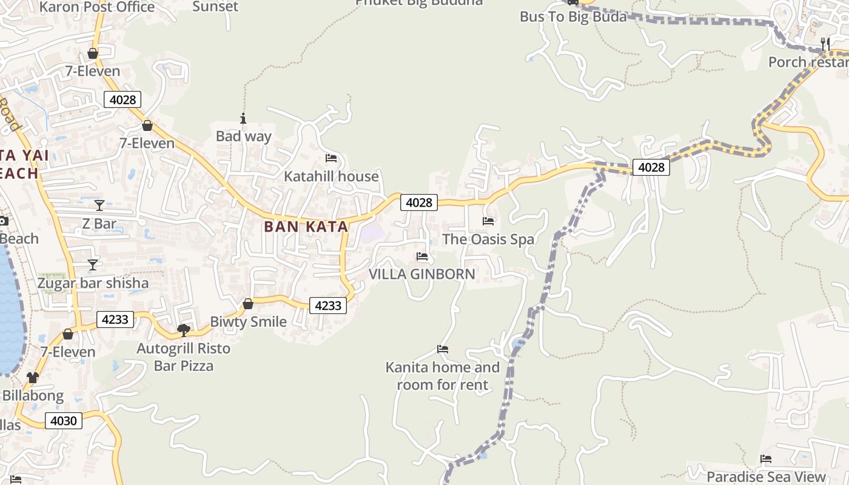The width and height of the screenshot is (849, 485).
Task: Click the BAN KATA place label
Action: coord(306,227)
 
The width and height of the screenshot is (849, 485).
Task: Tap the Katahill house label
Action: coord(331,176)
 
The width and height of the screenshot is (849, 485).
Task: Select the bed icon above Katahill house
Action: coord(331,158)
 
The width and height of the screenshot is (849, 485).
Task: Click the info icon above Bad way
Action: coord(243,118)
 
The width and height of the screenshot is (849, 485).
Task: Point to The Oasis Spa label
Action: coord(488,239)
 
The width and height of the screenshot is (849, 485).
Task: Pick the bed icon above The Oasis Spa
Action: coord(488,221)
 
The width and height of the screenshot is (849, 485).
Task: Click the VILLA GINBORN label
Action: coord(422,274)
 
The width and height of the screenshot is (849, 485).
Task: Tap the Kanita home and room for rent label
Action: coord(443,376)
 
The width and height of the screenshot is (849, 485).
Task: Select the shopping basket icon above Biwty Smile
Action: coord(248,304)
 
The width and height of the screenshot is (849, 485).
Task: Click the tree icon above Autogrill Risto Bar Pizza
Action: coord(183,330)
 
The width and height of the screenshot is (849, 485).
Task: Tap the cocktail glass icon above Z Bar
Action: coord(99,206)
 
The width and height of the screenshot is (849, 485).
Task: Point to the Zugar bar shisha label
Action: coord(93,283)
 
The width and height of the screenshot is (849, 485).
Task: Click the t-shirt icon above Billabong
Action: coord(32,378)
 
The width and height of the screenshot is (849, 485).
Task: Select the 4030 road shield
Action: coord(64,421)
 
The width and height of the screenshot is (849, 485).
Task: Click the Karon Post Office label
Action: coord(97,7)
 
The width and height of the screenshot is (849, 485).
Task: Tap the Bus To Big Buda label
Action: coord(573,17)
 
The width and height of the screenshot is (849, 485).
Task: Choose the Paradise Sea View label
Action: coord(766,477)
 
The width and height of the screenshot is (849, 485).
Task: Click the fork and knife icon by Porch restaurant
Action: coord(825,44)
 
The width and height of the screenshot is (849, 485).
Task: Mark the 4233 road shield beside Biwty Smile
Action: coord(328,306)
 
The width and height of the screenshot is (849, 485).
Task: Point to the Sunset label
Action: coord(215,7)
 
